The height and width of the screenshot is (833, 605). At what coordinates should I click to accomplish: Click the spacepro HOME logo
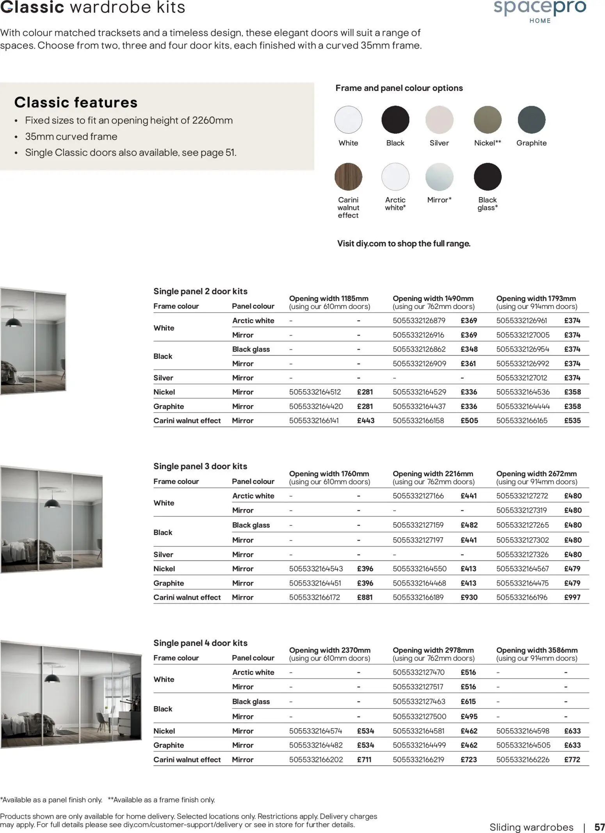540,11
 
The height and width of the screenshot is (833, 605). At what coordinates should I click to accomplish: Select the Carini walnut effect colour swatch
348,177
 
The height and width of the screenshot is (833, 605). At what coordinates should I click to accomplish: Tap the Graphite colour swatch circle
531,119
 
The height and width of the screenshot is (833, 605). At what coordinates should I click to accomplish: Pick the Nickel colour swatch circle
488,119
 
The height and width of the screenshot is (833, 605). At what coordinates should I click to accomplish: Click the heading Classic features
76,102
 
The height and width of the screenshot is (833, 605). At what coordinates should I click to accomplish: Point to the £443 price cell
366,420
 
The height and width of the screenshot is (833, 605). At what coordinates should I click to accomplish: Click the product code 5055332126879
419,320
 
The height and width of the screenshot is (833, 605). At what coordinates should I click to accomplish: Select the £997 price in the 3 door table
572,597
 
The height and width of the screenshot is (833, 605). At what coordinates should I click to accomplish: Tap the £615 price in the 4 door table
468,701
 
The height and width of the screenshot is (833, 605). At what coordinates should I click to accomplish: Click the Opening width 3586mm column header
537,654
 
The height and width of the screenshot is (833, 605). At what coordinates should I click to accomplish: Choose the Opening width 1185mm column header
329,302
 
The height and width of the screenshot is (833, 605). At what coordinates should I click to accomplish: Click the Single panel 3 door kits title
200,466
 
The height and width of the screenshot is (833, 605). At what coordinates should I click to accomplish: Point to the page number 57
599,827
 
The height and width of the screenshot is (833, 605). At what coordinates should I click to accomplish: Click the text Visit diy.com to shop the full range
404,244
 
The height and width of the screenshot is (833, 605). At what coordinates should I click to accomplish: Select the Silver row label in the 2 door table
163,378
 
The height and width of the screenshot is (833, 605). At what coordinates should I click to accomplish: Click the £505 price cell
469,420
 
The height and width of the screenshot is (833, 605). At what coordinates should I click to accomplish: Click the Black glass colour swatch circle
488,177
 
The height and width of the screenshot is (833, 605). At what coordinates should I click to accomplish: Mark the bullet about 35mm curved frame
71,137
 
